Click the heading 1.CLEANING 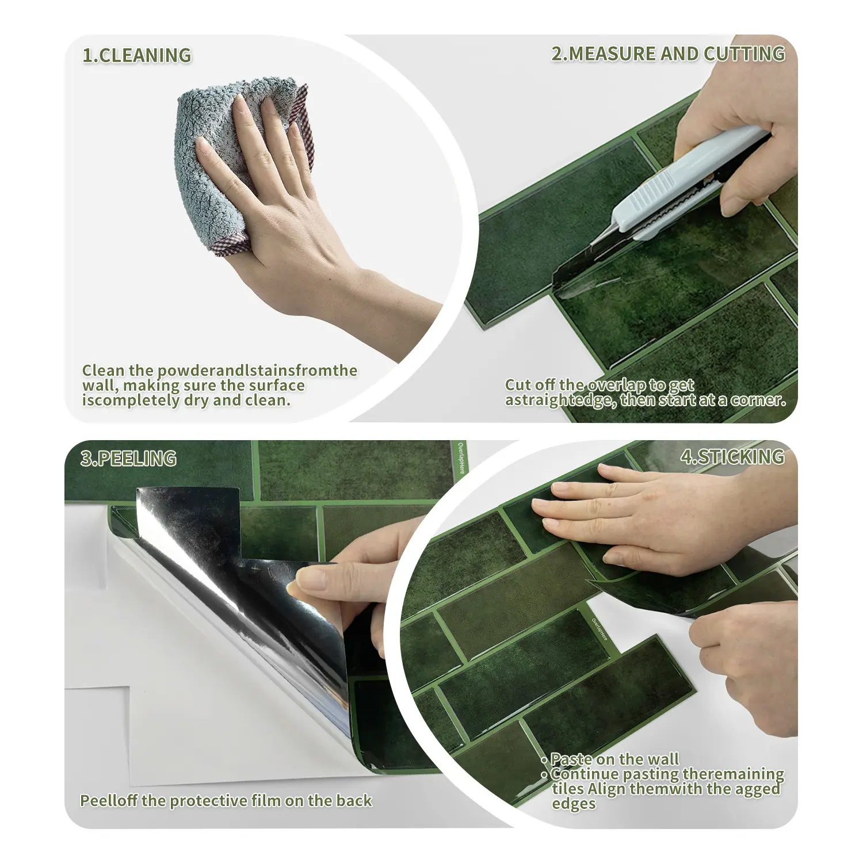[x=136, y=55]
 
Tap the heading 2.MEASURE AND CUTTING [x=668, y=54]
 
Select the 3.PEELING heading [x=128, y=459]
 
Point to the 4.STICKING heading [x=732, y=457]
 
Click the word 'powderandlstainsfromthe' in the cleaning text [x=257, y=371]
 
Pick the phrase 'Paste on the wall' [x=614, y=759]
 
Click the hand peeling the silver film [x=362, y=581]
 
